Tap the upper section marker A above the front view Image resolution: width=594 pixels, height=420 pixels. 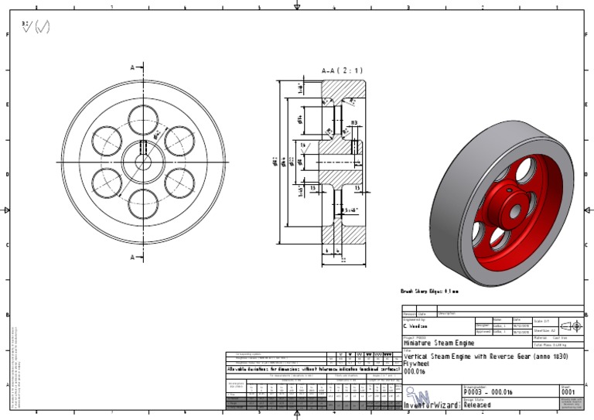click(133, 68)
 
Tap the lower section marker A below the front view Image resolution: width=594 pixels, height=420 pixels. click(133, 257)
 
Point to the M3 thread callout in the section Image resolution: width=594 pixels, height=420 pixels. click(353, 122)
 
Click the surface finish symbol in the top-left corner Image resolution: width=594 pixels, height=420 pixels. click(36, 27)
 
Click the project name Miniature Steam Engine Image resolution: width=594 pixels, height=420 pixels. click(439, 343)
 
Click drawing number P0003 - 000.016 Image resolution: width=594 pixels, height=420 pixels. click(489, 392)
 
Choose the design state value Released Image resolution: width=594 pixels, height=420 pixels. click(477, 405)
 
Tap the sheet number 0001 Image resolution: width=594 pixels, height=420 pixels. click(568, 392)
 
